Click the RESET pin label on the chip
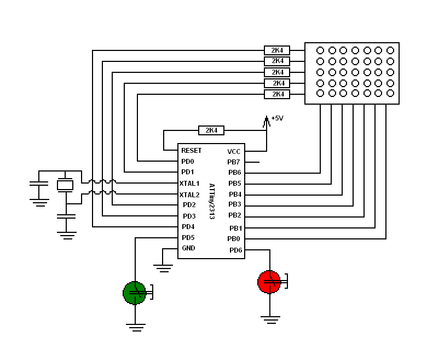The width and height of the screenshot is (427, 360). pos(191,151)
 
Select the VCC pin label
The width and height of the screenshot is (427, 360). pos(234,152)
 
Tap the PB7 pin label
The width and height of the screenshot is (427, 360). pos(233,162)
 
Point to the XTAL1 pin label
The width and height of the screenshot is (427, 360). pos(189,184)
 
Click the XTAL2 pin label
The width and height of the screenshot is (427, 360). pos(189,195)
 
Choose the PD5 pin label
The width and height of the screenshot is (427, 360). pos(188,238)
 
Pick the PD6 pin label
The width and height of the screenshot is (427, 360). pos(235,250)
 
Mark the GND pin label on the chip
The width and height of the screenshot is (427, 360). pos(188,248)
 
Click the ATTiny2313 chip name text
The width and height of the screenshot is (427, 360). pos(212,202)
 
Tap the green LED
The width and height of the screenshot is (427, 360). pos(135,293)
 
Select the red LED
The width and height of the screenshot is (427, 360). pos(269,282)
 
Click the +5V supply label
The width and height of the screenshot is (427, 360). pos(277,118)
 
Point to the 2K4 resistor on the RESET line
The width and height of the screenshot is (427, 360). pos(211,130)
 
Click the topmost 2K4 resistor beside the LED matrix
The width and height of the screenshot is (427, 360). pos(277,50)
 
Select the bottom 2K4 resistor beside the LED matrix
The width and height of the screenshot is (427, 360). pos(277,94)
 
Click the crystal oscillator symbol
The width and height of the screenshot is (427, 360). pos(65,185)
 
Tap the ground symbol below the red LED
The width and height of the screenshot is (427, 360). pos(270,319)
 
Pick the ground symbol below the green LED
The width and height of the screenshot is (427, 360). pos(136,327)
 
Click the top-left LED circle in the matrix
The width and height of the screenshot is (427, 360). pos(320,50)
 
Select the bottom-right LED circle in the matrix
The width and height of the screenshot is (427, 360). pos(390,93)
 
